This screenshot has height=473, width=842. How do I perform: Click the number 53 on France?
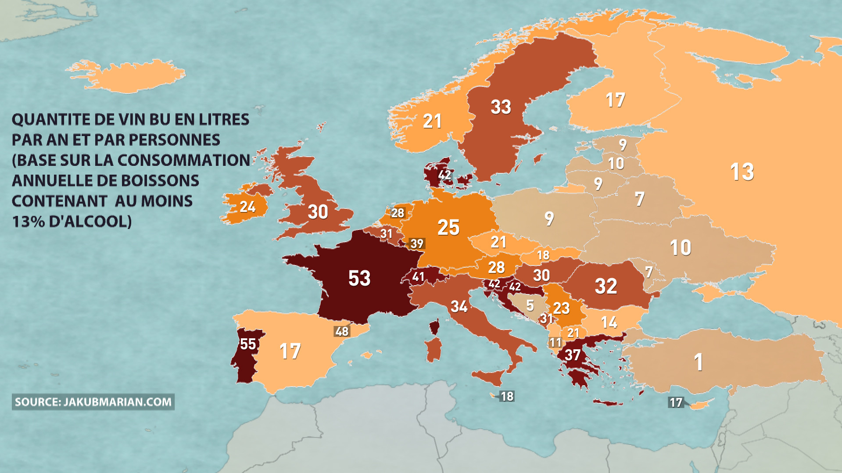click(x=359, y=278)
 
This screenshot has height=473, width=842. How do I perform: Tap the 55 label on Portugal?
click(x=248, y=344)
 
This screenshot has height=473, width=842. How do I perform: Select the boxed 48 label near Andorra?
click(x=342, y=331)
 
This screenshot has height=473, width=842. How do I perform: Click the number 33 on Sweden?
click(x=501, y=107)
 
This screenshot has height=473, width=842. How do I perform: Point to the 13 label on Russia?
click(x=742, y=172)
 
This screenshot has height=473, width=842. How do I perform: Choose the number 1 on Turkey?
click(x=699, y=362)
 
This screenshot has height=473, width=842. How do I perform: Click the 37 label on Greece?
click(x=573, y=355)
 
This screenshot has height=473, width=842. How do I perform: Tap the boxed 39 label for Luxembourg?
click(x=417, y=244)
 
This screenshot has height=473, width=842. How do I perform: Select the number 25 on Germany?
click(x=448, y=227)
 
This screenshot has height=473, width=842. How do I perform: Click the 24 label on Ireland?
click(x=247, y=206)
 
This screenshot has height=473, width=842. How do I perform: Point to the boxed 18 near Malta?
click(x=507, y=396)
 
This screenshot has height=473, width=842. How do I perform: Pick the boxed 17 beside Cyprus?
click(x=676, y=402)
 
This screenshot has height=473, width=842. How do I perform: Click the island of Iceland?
click(x=127, y=77)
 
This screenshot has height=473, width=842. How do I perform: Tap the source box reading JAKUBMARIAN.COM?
click(x=93, y=402)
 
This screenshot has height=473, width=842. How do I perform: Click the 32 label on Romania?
click(x=606, y=286)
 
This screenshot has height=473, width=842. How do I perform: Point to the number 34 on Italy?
click(x=459, y=306)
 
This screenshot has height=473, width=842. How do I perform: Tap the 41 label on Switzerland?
click(x=418, y=276)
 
